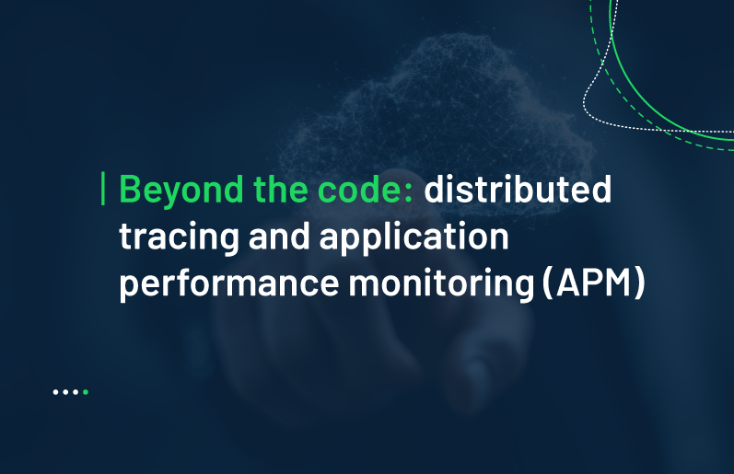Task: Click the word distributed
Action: coord(518,189)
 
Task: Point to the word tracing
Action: coord(180,237)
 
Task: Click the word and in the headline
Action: coord(279,236)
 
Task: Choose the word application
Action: coord(414,237)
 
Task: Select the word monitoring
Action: coord(441,283)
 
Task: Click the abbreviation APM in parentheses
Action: coord(594,283)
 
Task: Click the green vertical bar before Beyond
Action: coord(103,189)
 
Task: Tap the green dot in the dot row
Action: coord(86,392)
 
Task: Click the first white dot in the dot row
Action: coord(55,392)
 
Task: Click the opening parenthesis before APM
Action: coord(547,283)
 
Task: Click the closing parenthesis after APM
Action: coord(640,283)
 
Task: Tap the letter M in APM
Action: coord(616,283)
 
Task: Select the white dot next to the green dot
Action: coord(76,392)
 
